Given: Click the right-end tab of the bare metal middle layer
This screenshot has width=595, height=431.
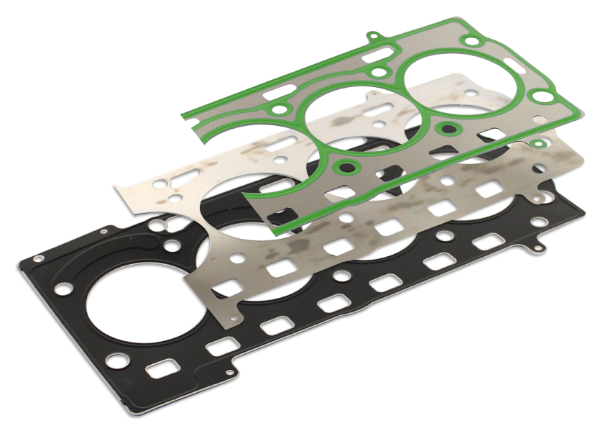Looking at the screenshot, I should tap(536, 194).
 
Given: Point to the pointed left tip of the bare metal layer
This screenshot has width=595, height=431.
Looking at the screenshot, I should tap(116, 185).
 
